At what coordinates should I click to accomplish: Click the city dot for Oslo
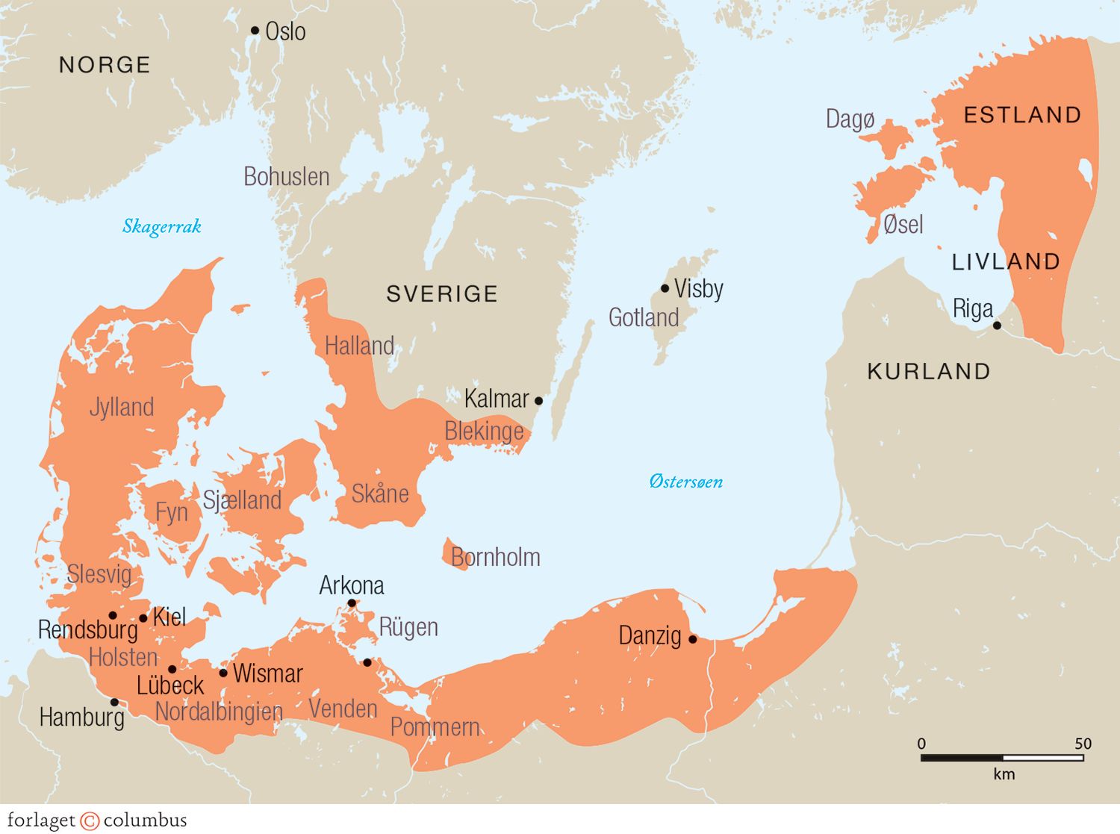255,31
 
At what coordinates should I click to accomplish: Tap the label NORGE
105,65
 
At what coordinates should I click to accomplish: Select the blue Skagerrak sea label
162,226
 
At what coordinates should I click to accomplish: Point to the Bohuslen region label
287,177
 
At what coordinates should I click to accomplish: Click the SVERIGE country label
442,294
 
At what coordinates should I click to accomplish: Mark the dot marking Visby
665,288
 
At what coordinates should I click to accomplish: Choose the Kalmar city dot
538,401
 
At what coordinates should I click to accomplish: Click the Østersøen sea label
685,482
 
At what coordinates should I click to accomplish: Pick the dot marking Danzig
692,639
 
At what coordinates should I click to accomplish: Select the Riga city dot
997,326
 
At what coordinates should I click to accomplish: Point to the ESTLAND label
1022,115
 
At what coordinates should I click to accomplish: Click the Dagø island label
850,119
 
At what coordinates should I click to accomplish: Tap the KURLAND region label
929,372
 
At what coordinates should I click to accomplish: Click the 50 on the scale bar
1083,744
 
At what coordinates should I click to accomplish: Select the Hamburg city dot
114,702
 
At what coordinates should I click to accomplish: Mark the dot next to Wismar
223,673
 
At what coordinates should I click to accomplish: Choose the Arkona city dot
352,603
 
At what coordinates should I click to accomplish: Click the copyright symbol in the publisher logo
90,821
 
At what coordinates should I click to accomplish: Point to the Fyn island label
172,513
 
